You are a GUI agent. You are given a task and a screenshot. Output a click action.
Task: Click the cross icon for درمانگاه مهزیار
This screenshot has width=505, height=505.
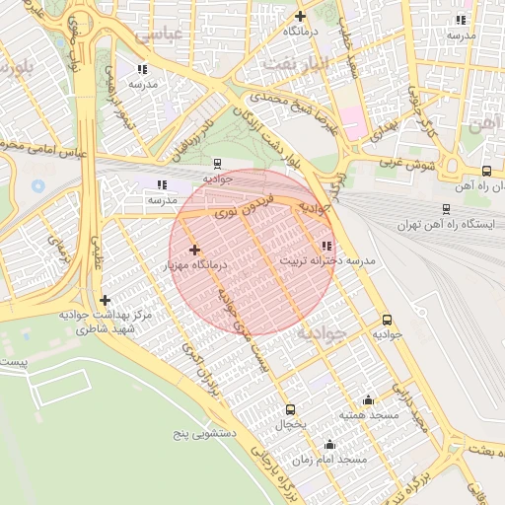tap(194, 251)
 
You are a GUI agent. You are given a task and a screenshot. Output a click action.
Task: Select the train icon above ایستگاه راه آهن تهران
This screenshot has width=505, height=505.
tap(446, 209)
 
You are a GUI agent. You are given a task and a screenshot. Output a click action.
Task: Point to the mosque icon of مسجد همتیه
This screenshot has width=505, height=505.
tap(368, 399)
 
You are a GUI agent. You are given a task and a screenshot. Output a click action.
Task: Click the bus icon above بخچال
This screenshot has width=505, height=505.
tap(290, 409)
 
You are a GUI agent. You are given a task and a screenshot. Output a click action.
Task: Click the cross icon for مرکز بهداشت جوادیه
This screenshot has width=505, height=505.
tap(105, 300)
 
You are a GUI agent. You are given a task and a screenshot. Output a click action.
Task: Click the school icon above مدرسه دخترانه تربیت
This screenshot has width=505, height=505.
tap(325, 246)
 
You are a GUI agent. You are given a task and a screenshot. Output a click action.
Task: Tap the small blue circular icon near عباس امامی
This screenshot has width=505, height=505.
tap(38, 185)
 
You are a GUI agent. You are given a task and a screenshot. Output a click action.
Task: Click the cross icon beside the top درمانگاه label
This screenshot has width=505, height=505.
tap(300, 16)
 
